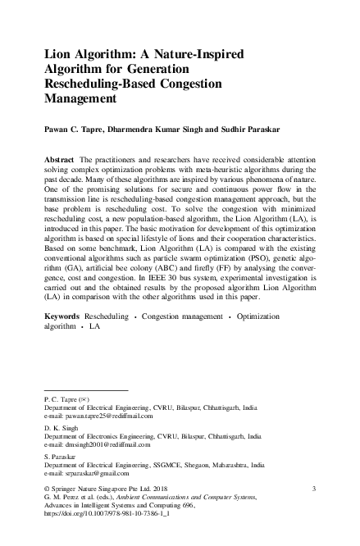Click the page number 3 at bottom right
click(314, 489)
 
